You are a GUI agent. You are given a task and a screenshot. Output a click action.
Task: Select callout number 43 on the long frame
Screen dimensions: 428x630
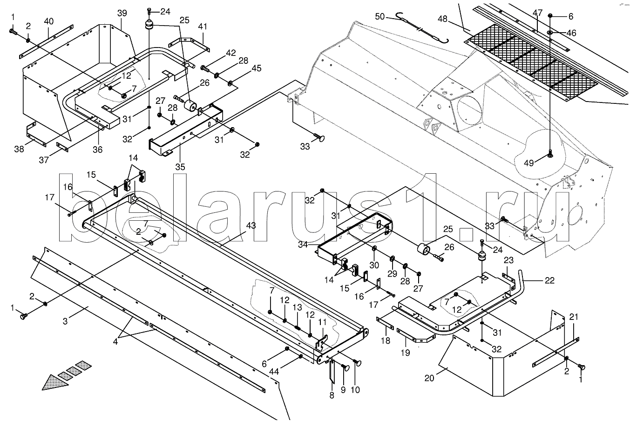251,226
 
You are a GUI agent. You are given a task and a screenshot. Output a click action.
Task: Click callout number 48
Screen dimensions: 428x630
442,19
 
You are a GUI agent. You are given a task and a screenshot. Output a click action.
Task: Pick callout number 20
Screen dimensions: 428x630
429,378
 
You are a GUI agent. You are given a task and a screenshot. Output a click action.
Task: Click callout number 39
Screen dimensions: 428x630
122,14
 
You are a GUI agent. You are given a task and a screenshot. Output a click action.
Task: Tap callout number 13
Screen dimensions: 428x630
298,307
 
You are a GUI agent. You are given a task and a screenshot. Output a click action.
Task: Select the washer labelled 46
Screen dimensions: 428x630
550,32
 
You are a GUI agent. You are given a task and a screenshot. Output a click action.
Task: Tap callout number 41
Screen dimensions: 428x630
202,27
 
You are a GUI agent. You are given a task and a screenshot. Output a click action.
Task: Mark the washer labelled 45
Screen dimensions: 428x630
230,83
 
